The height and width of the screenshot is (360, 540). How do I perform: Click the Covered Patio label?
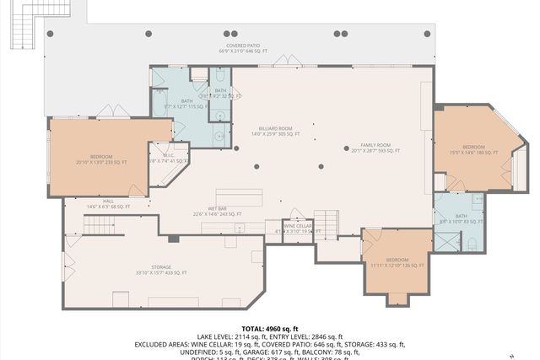(x=242, y=48)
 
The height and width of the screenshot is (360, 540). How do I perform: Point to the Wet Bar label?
(x=217, y=212)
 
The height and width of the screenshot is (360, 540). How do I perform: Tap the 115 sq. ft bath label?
(x=179, y=105)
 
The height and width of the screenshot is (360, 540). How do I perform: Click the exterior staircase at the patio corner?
(x=24, y=29)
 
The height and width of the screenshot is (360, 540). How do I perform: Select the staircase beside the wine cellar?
(x=327, y=223)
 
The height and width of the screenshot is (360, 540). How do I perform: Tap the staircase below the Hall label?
(x=100, y=225)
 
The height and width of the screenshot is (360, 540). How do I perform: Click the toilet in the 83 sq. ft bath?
(x=472, y=244)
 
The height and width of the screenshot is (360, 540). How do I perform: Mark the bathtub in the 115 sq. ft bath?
(x=159, y=105)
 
